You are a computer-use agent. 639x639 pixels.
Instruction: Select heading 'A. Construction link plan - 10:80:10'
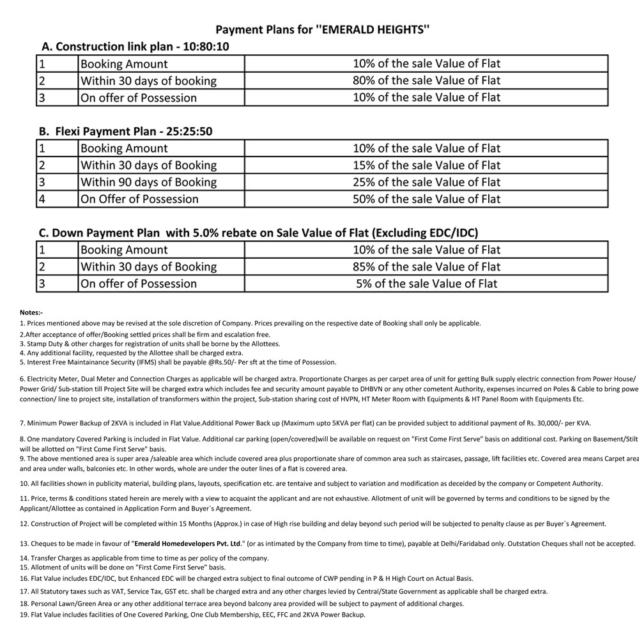(135, 47)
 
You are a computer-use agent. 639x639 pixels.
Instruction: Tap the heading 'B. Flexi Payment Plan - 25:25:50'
(125, 132)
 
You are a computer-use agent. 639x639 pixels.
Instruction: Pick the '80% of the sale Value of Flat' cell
(426, 81)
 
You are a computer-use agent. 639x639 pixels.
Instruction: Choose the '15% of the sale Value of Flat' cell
(426, 165)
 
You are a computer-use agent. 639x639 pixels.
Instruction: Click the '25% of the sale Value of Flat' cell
(426, 182)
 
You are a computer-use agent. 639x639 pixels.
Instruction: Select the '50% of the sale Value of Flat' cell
(426, 199)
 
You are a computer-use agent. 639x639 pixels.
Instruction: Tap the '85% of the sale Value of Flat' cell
(426, 266)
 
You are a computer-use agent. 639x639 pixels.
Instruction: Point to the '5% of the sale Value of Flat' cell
(426, 283)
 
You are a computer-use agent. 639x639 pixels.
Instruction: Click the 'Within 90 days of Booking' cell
(148, 182)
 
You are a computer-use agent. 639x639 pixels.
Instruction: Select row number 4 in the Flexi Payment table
(42, 199)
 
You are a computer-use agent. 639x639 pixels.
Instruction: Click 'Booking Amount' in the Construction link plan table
(124, 64)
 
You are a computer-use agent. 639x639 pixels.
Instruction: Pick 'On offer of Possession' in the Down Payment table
(139, 283)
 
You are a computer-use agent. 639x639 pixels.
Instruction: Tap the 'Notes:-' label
(31, 312)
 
